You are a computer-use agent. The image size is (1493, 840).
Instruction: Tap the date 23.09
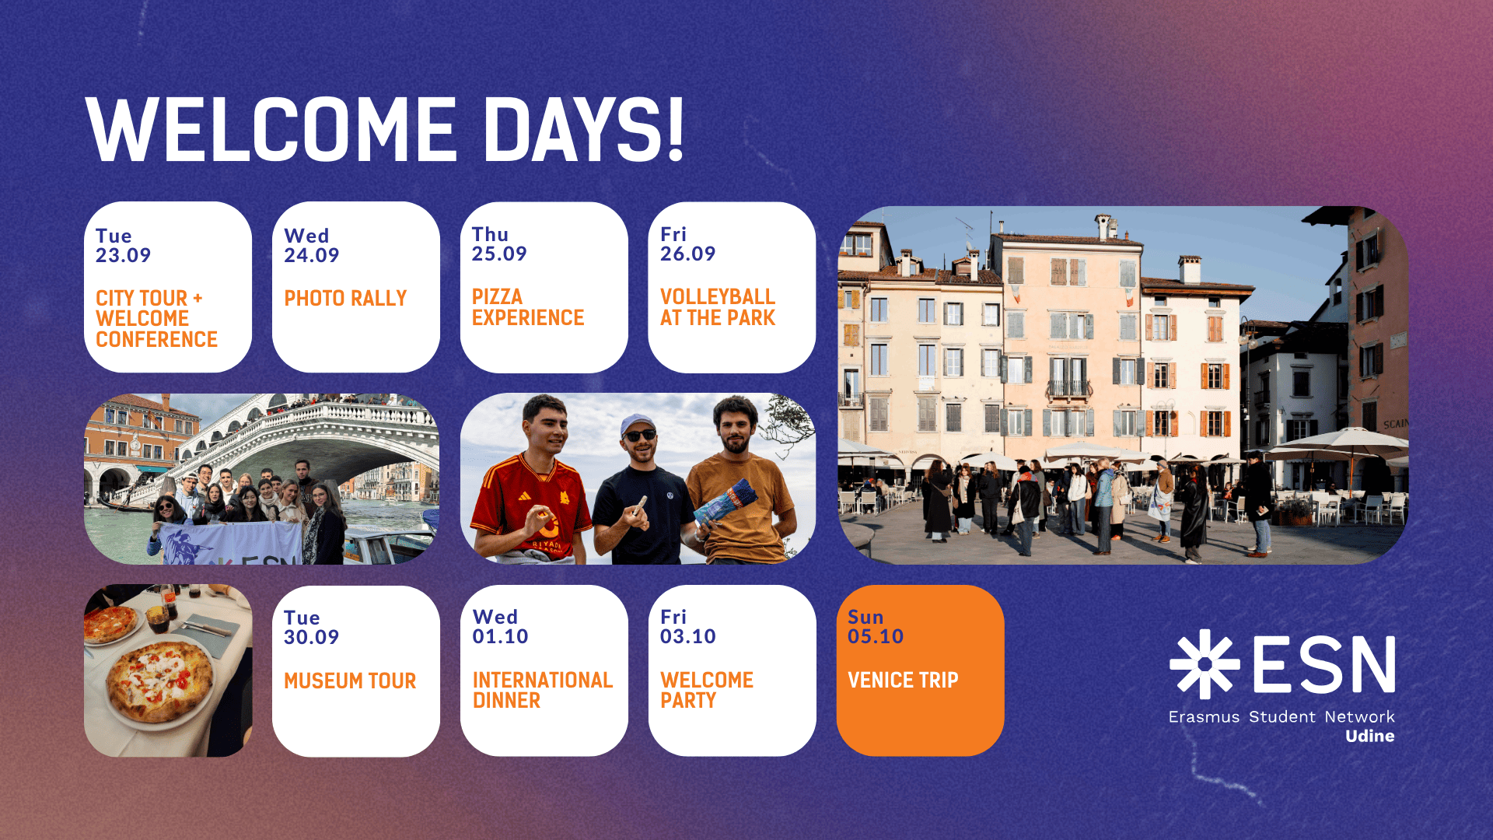point(123,255)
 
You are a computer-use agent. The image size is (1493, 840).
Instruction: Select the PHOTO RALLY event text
point(345,298)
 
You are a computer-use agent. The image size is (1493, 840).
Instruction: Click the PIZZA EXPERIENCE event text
point(528,307)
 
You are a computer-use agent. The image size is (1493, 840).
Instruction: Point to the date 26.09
point(687,254)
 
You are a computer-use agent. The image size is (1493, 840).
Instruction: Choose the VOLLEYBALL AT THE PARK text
point(718,307)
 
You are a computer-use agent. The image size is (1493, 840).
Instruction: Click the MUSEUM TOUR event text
point(350,681)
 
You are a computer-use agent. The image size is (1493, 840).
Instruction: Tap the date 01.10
point(500,636)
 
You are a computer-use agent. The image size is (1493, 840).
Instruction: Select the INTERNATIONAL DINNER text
point(543,690)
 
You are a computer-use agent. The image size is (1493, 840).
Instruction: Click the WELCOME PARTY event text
point(707,690)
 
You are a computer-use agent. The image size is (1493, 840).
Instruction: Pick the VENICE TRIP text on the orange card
point(903,680)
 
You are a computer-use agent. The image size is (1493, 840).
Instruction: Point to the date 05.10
point(876,636)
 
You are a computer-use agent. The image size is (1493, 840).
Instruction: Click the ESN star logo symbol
point(1205,664)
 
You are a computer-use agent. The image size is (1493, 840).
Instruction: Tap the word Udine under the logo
point(1370,736)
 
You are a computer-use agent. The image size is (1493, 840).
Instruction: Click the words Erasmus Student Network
point(1281,716)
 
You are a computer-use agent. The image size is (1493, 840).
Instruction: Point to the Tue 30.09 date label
point(311,627)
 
